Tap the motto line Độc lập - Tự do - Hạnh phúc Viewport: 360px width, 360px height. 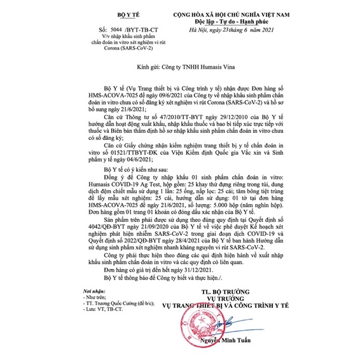(x=244, y=21)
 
